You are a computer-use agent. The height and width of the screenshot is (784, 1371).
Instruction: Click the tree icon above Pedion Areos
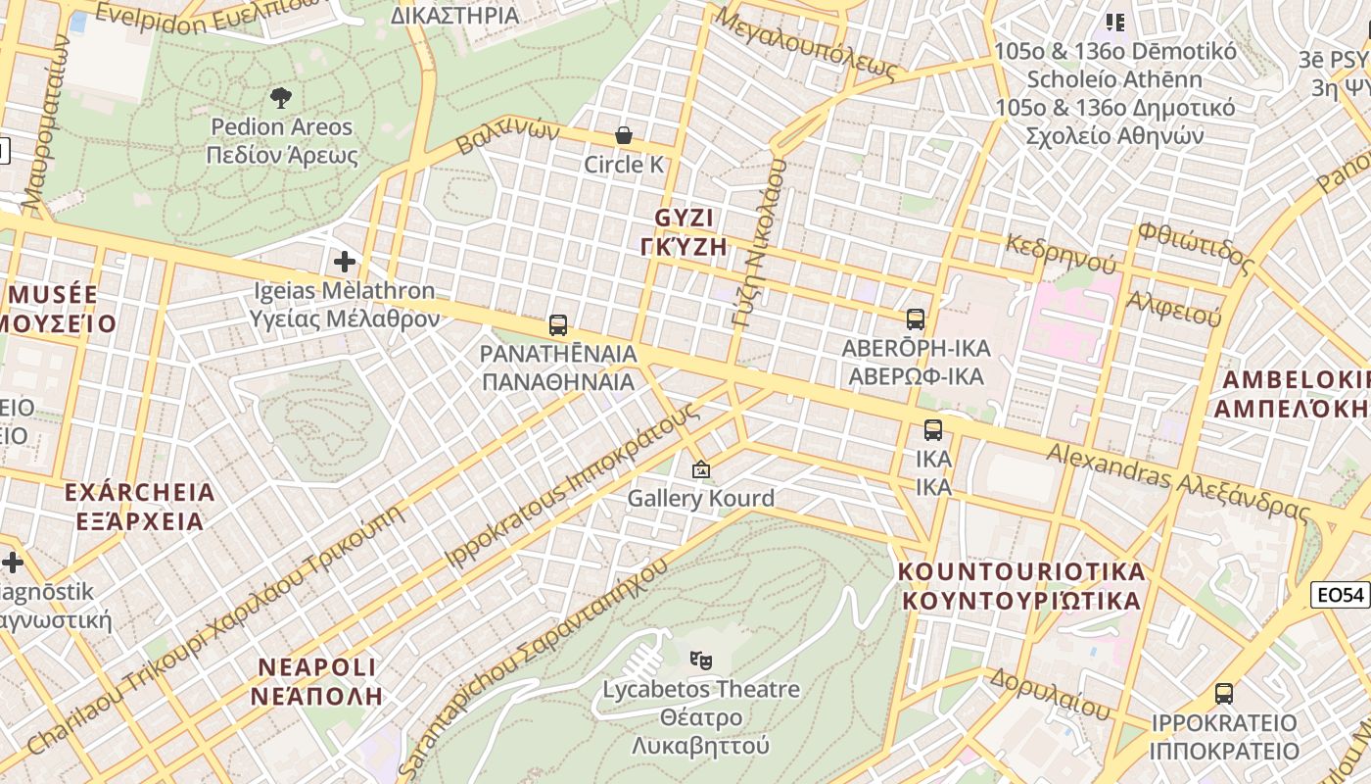tap(281, 97)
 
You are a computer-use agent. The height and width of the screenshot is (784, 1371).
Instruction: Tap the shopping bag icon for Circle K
tap(624, 135)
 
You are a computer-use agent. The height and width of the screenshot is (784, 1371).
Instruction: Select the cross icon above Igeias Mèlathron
tap(344, 262)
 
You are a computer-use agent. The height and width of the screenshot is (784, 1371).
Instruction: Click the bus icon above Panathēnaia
tap(558, 324)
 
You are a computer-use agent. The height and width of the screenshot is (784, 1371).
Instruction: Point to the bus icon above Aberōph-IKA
tap(916, 318)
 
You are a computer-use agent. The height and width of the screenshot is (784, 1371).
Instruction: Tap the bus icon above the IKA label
tap(933, 429)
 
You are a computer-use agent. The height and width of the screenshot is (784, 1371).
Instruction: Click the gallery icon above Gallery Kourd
tap(700, 469)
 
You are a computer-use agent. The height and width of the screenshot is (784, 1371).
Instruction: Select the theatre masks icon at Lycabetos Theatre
tap(700, 660)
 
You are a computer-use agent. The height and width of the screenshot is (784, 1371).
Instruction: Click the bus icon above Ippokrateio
tap(1224, 694)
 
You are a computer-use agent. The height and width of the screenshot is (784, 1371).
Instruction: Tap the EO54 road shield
tap(1340, 595)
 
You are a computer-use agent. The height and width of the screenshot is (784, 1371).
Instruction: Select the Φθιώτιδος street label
tap(1195, 247)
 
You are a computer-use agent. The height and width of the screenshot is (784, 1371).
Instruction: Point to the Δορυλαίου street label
tap(1049, 690)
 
